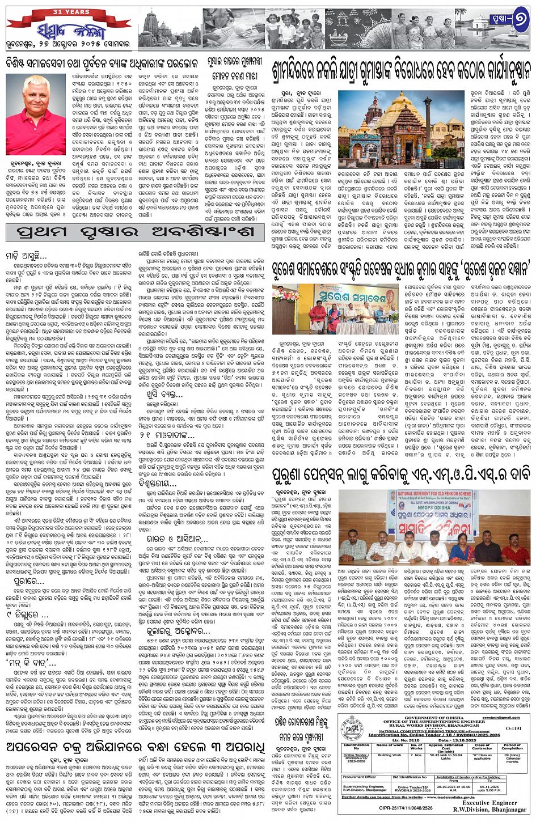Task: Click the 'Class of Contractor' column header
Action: pos(482,746)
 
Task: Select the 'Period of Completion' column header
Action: pos(512,746)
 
